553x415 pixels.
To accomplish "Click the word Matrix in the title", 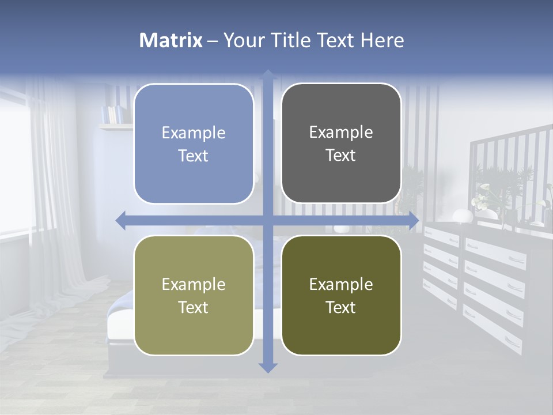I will coord(171,40).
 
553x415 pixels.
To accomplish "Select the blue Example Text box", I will coord(194,144).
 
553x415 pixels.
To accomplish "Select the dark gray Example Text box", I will coord(341,144).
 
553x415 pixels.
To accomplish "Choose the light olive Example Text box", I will coord(194,295).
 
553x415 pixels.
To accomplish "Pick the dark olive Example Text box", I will coord(341,295).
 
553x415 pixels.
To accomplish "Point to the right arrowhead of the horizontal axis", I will coord(414,220).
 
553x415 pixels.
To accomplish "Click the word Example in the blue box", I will coord(194,133).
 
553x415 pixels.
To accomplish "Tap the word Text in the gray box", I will coord(341,156).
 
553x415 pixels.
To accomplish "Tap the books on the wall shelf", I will coord(113,114).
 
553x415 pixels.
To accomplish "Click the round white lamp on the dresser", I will coord(461,216).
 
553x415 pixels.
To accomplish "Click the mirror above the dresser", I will coord(507,173).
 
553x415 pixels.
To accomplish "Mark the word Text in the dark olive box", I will coord(341,307).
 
